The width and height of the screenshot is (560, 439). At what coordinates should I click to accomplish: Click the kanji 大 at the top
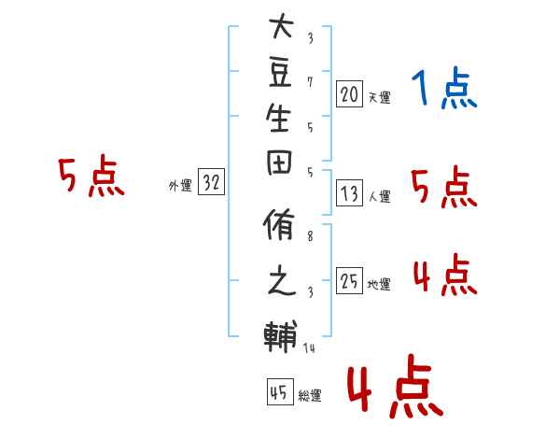(282, 26)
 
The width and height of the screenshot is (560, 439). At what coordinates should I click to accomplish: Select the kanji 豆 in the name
(280, 73)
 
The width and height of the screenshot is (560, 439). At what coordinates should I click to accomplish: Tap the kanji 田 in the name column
(279, 163)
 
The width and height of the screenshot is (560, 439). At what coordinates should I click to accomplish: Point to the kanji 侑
(279, 224)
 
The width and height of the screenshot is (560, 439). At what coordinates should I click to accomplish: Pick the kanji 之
(282, 280)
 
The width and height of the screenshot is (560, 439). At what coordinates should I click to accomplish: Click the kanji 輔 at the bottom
(281, 336)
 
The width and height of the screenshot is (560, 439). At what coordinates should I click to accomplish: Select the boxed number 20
(349, 94)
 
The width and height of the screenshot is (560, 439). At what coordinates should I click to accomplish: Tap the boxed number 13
(349, 193)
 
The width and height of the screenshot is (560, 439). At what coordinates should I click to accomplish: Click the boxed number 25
(349, 280)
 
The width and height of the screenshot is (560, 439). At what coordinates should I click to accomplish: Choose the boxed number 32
(212, 181)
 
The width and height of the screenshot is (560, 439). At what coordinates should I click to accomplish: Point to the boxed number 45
(280, 391)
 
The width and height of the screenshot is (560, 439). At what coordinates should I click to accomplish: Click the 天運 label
(379, 97)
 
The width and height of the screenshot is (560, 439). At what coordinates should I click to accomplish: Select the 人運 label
(379, 196)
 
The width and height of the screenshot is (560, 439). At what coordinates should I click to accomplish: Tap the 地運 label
(379, 284)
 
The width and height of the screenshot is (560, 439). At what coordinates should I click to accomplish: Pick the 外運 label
(180, 186)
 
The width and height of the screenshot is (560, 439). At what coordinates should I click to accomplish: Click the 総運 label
(310, 395)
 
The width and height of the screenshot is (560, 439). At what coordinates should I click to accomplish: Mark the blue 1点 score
(444, 88)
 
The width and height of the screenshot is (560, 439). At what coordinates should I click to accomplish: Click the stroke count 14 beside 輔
(309, 347)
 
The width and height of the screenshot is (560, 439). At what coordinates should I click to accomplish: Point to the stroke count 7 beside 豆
(310, 82)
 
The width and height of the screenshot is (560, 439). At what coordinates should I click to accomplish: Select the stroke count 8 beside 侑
(310, 236)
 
